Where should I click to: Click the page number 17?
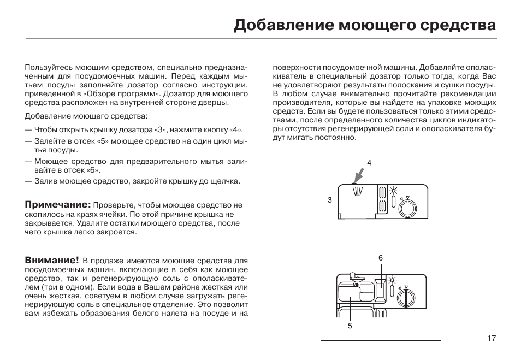(x=491, y=338)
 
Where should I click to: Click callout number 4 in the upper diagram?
(x=369, y=163)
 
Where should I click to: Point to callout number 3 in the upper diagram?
(x=330, y=200)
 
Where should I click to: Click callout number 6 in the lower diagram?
(x=381, y=257)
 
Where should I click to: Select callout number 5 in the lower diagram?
(x=350, y=326)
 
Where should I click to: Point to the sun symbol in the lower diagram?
(x=392, y=280)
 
